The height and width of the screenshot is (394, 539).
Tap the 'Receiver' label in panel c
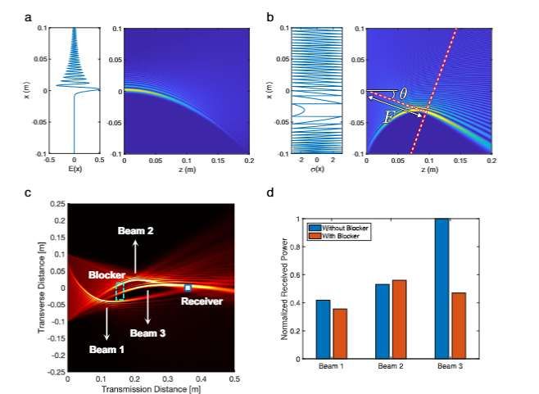196,301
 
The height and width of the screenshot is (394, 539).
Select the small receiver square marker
188,288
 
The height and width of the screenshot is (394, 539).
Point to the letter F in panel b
388,119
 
